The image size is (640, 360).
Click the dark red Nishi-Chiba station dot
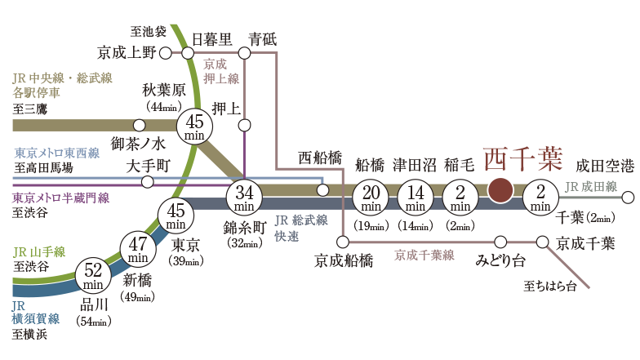(x=500, y=189)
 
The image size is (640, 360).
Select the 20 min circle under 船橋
(x=372, y=198)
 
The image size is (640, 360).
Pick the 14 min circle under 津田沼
(x=416, y=198)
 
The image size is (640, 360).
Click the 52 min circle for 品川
(x=93, y=275)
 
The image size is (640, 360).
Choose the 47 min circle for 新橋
(x=138, y=248)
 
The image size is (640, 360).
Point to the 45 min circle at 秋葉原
(x=194, y=127)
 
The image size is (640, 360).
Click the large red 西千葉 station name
(x=522, y=158)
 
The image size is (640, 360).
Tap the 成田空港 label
(x=604, y=167)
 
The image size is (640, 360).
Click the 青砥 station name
(x=263, y=38)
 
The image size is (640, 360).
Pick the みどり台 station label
(x=500, y=260)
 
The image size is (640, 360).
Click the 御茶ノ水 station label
(x=162, y=144)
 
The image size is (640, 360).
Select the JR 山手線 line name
(x=38, y=251)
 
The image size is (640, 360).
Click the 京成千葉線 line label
(x=424, y=256)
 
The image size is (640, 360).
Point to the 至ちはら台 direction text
(x=549, y=286)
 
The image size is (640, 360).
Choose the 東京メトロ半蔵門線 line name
(x=60, y=198)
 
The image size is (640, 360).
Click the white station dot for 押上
(x=244, y=125)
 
